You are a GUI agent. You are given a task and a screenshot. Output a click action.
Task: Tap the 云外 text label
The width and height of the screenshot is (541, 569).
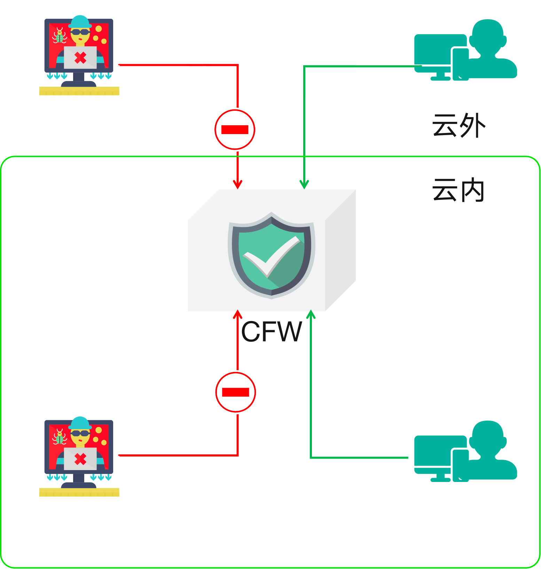458,125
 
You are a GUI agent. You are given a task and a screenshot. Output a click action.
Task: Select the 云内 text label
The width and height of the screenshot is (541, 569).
458,190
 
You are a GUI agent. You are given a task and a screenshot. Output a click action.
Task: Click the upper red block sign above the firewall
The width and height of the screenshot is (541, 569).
235,130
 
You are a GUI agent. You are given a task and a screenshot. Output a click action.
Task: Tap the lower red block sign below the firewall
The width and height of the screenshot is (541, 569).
236,392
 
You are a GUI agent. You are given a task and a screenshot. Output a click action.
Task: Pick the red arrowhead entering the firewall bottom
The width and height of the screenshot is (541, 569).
238,315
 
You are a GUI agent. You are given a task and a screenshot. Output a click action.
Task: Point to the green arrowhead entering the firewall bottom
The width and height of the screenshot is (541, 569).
311,315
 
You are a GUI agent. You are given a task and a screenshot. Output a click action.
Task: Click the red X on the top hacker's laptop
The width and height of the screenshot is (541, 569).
80,58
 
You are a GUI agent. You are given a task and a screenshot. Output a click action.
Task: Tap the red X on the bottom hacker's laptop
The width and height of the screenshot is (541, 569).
80,459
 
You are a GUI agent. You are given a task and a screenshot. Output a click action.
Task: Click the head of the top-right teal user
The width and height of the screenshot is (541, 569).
487,35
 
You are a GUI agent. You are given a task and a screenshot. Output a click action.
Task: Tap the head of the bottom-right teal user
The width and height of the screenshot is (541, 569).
487,436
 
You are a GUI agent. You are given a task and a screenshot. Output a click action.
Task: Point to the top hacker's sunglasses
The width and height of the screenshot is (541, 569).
80,32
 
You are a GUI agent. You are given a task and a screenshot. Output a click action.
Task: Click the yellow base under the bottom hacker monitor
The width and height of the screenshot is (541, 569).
79,492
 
